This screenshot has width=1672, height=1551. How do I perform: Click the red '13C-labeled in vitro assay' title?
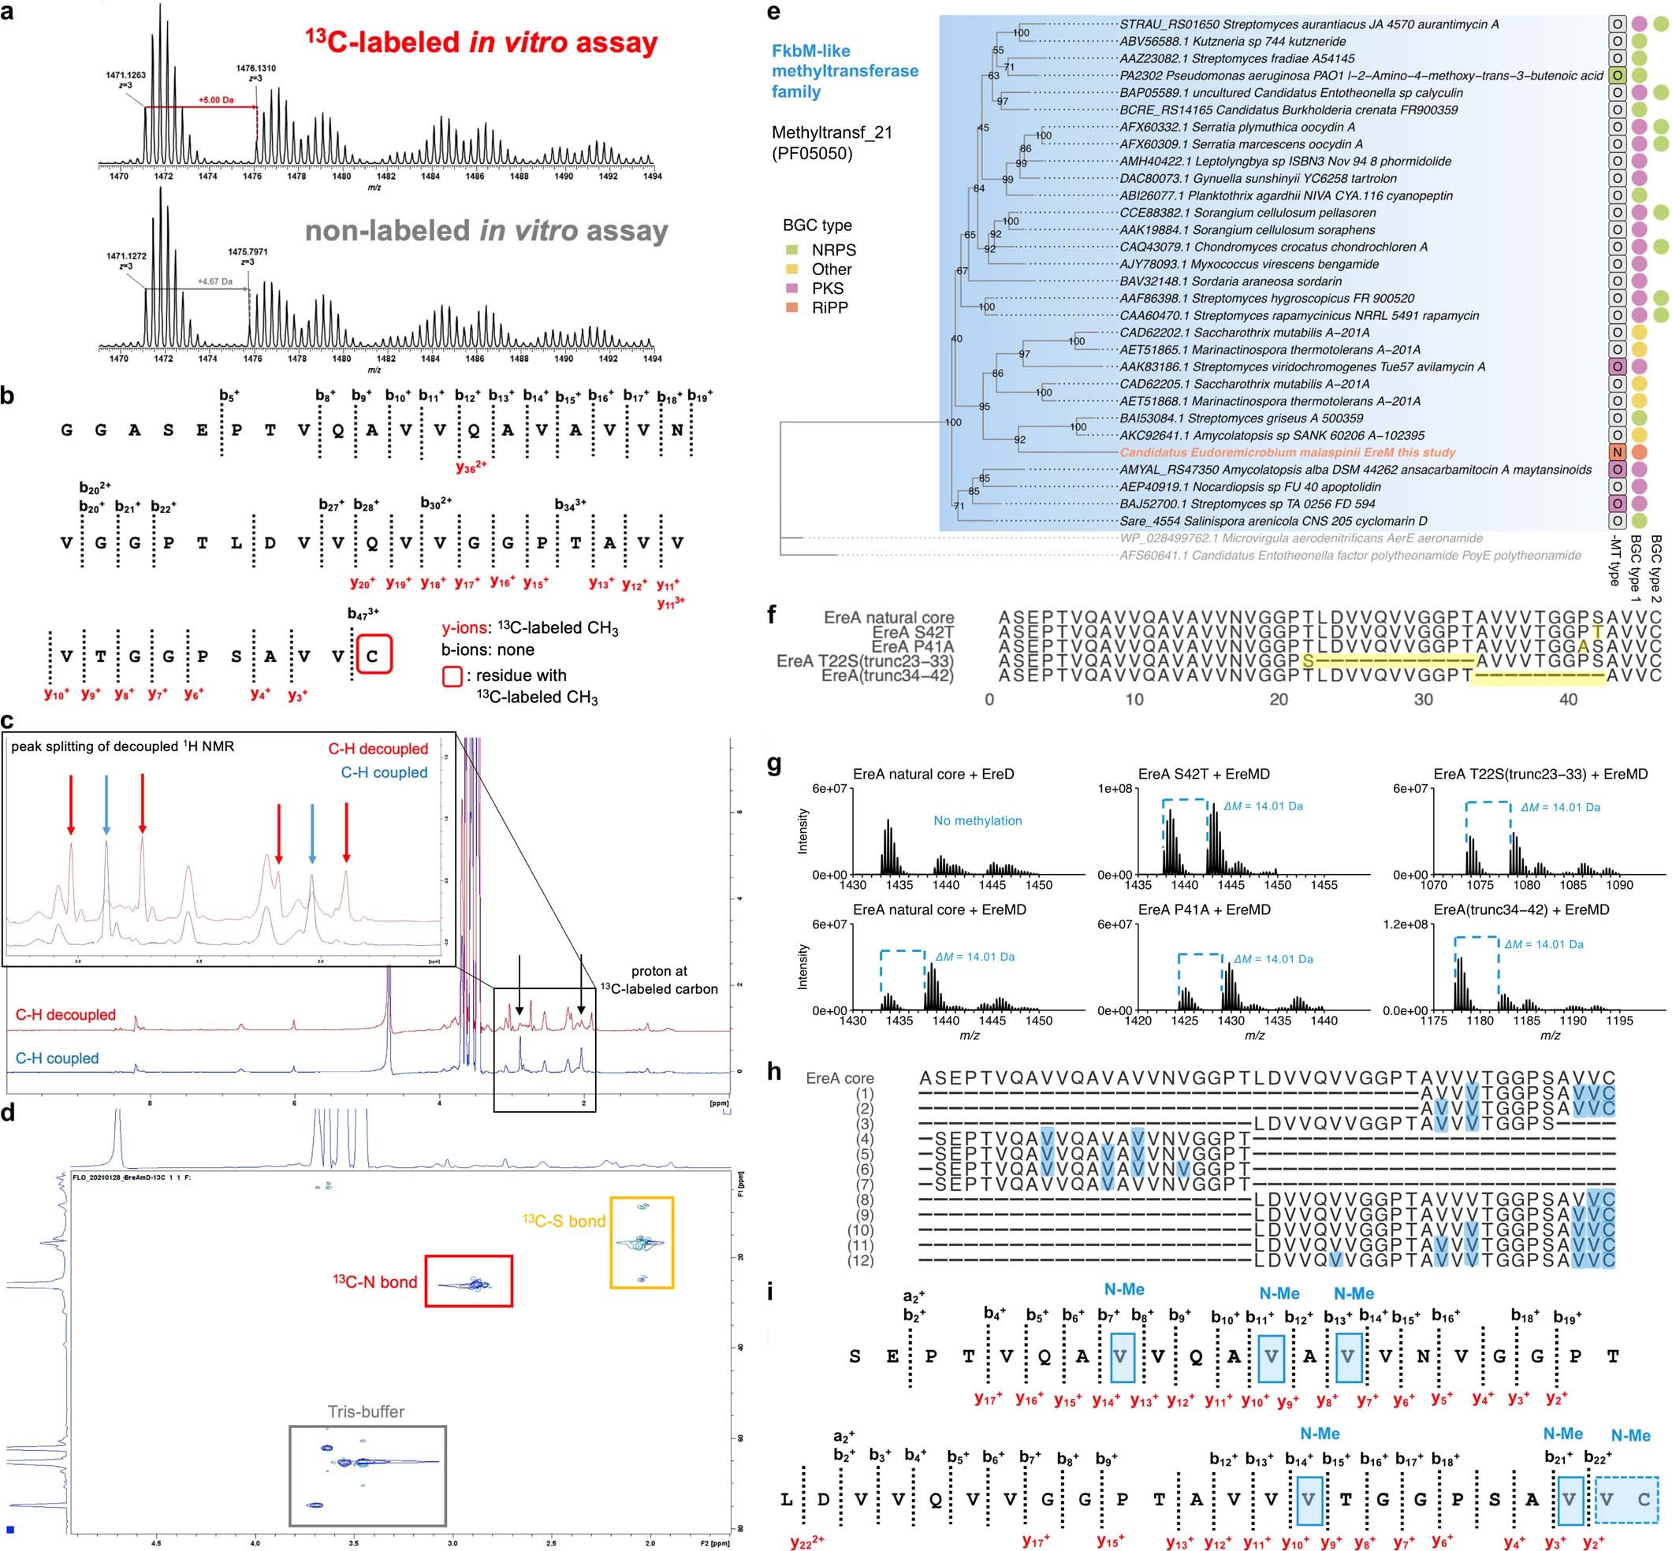pos(481,42)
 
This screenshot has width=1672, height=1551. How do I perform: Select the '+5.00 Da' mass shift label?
pos(216,100)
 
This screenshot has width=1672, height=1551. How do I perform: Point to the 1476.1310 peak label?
pos(256,69)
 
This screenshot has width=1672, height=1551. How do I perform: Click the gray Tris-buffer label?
pos(366,1412)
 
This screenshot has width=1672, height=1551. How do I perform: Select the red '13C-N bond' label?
pos(375,1281)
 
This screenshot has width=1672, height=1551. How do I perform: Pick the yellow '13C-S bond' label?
pos(564,1220)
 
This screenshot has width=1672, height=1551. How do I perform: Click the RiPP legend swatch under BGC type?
pos(791,307)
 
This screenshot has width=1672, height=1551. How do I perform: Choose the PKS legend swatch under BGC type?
pos(791,288)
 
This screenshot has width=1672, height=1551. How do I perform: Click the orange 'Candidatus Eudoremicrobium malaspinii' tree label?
pos(1287,452)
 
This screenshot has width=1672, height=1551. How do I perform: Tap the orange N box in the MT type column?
pos(1617,452)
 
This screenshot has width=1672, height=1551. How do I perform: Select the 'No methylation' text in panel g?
pos(978,821)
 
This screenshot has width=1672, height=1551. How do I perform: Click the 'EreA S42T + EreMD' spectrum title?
pos(1204,774)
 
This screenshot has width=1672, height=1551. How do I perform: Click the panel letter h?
pos(775,1072)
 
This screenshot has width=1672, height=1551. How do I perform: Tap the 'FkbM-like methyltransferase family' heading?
pos(844,70)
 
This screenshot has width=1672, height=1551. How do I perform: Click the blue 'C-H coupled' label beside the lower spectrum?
pos(57,1058)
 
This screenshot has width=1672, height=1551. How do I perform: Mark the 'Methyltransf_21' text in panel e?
pos(832,132)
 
